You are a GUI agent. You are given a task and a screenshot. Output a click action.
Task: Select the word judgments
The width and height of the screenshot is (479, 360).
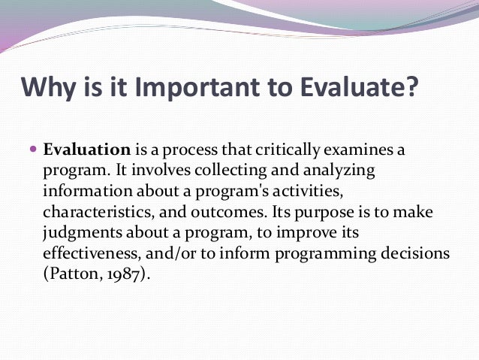tap(81, 234)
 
